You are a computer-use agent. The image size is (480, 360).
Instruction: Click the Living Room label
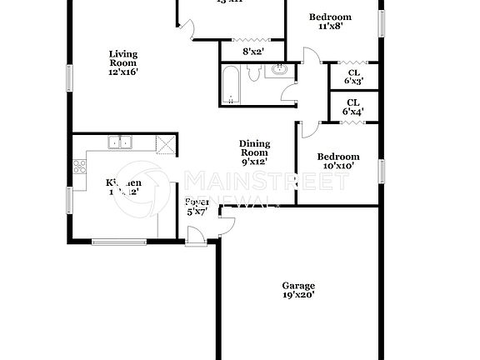point(122,63)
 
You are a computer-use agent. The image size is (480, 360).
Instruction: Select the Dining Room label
point(254,152)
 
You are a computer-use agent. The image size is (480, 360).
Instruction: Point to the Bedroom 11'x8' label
point(330,22)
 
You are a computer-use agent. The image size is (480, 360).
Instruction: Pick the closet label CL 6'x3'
point(353,77)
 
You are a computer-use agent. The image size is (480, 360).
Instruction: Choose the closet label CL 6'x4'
point(353,106)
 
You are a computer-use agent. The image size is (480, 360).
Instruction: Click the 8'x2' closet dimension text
point(252,52)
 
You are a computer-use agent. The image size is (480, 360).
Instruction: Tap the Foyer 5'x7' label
point(197,207)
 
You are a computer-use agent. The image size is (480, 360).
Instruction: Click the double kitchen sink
point(121,142)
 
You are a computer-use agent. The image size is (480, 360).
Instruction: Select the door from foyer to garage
point(226,222)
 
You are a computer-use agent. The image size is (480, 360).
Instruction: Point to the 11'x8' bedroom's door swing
point(311,59)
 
